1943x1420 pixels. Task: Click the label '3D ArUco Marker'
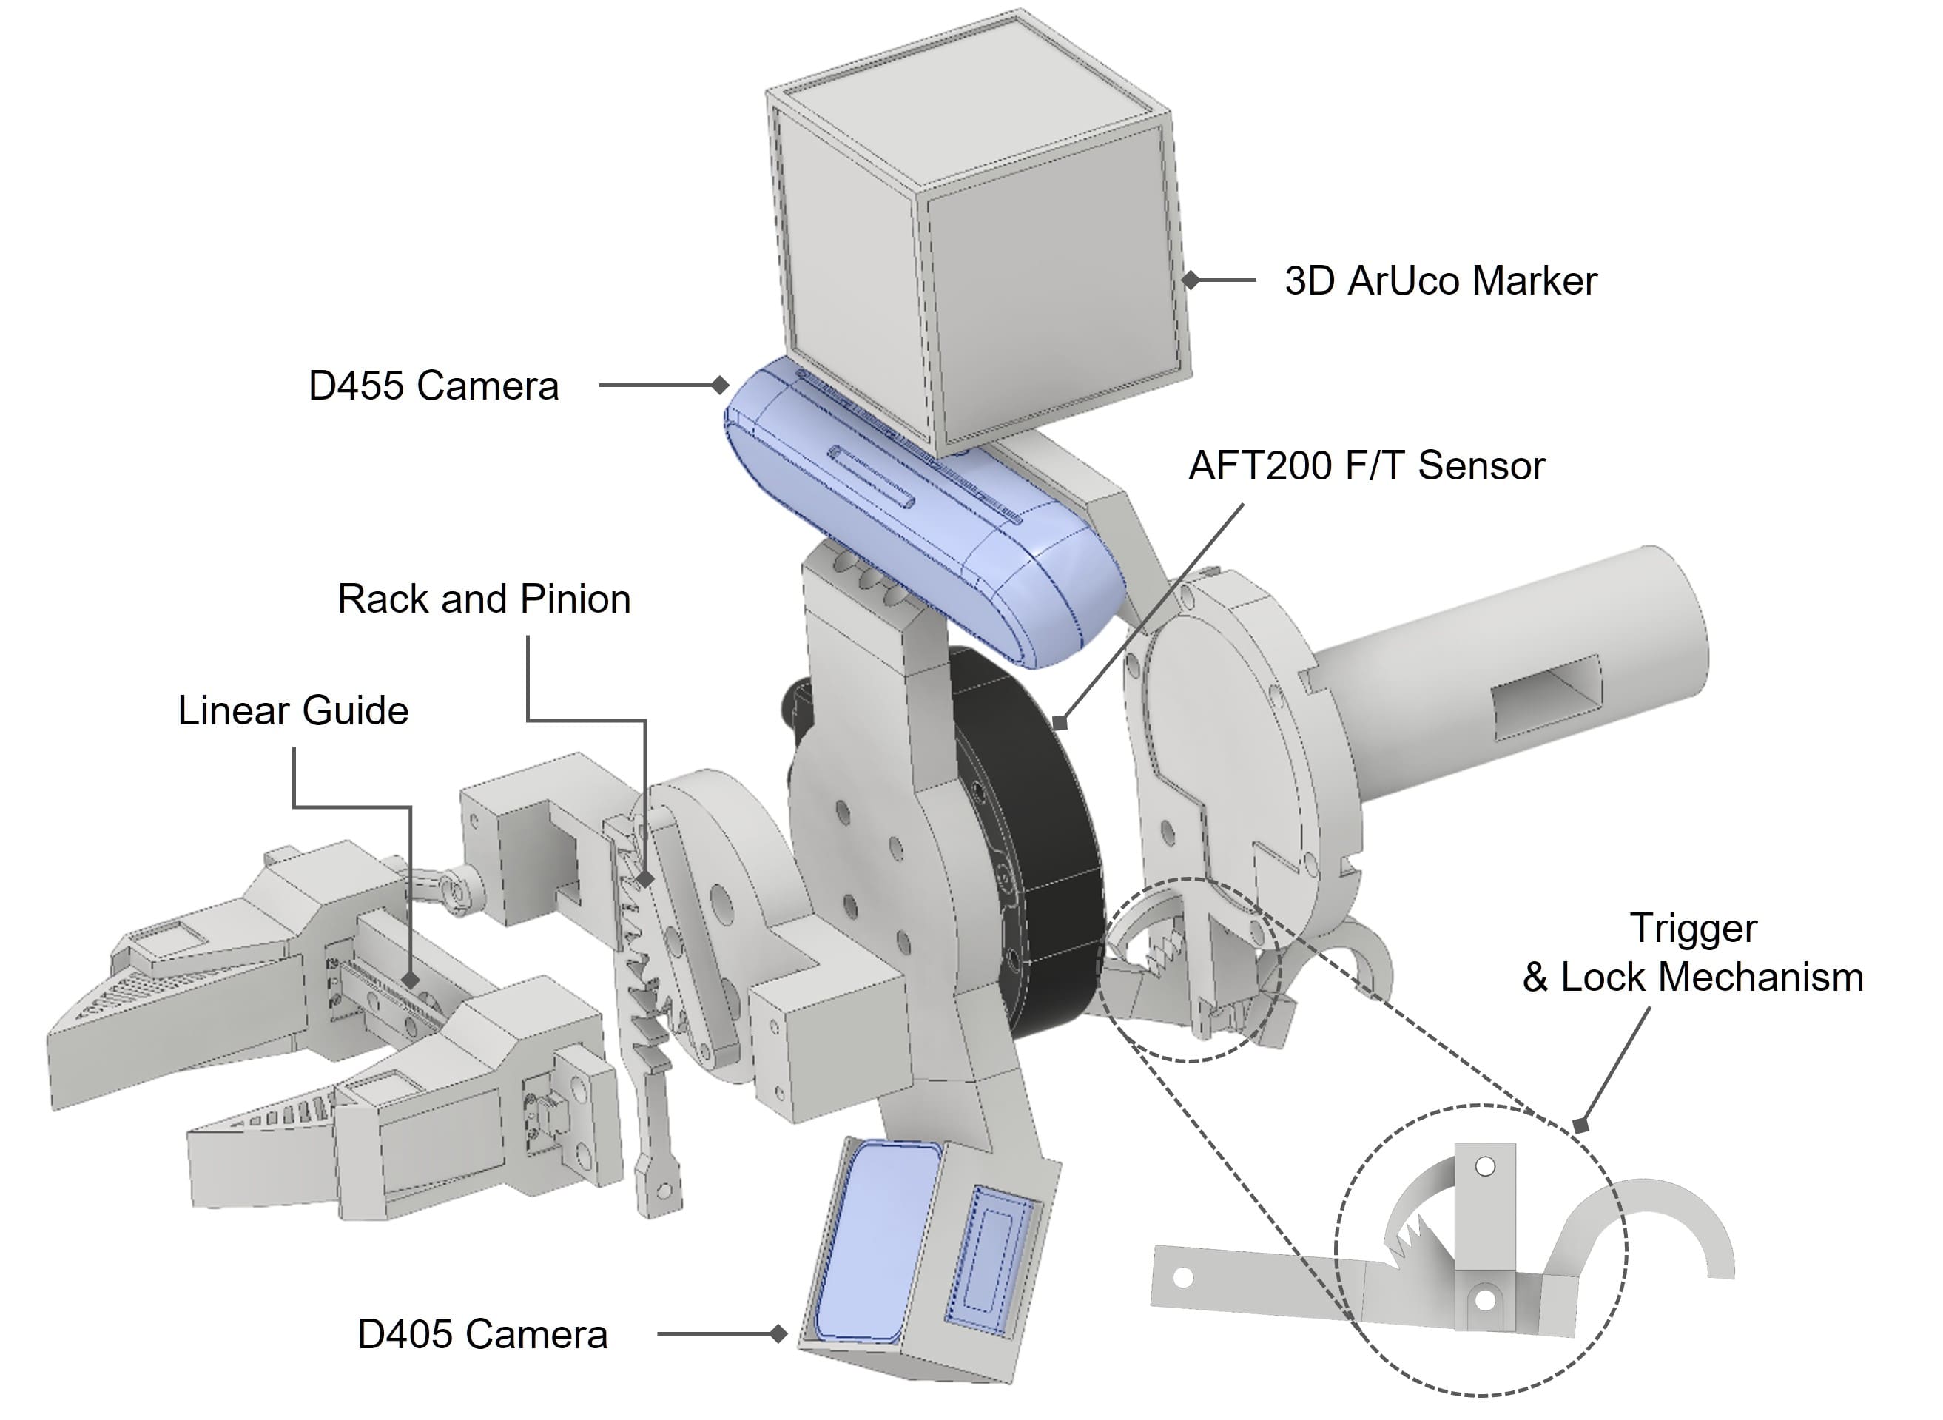tap(1441, 281)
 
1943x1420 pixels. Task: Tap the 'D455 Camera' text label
tap(433, 386)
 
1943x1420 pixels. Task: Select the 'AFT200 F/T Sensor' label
tap(1367, 466)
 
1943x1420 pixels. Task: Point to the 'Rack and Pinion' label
tap(484, 599)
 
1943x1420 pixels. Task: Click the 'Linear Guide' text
tap(293, 711)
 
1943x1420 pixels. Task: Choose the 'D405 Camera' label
tap(482, 1335)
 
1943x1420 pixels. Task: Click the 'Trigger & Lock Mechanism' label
tap(1692, 953)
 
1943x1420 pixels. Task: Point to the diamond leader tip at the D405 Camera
tap(778, 1334)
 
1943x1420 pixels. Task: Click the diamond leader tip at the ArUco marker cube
tap(1191, 280)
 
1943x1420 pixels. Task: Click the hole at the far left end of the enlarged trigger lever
tap(1183, 1278)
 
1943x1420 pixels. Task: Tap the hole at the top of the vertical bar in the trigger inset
tap(1485, 1166)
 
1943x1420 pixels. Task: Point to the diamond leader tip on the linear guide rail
tap(411, 980)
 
